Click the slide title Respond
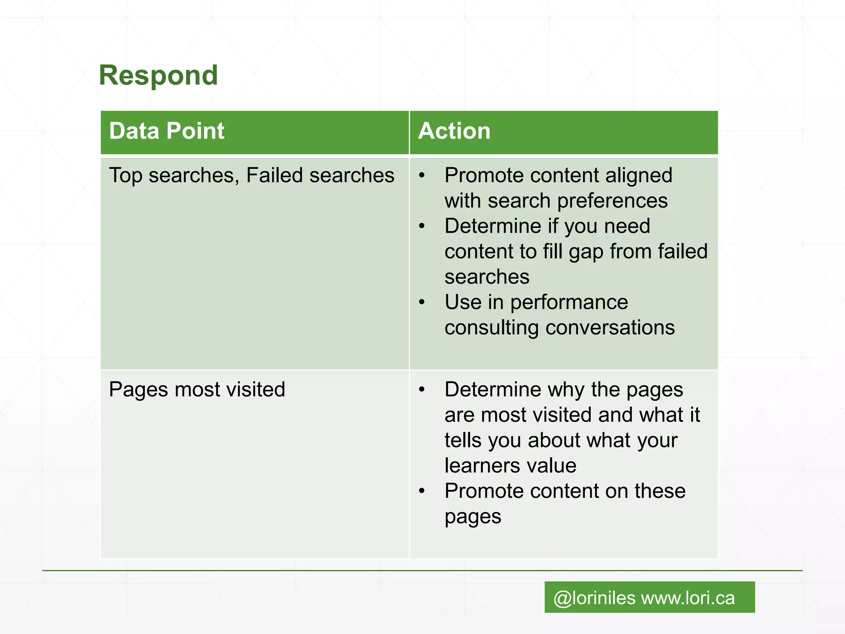[x=158, y=76]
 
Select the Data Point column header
[x=167, y=131]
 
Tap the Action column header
[x=454, y=131]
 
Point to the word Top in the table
[x=125, y=175]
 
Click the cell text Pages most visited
[x=197, y=389]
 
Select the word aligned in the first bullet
[x=639, y=175]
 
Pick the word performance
[x=569, y=302]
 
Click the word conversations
[x=610, y=328]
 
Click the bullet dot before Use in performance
[x=422, y=302]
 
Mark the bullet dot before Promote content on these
[x=422, y=491]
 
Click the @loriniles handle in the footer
[x=594, y=598]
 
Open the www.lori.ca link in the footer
[x=688, y=598]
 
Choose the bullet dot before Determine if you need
[x=422, y=226]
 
